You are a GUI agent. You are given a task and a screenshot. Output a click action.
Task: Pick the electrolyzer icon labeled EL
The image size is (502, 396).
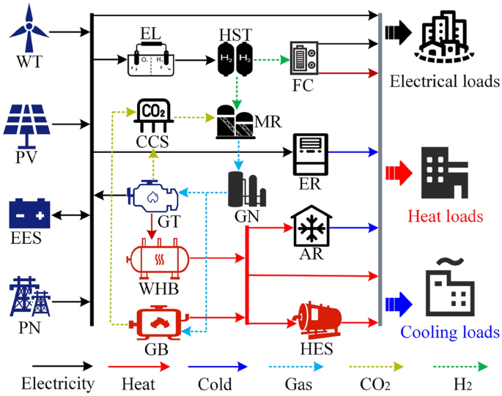pos(150,59)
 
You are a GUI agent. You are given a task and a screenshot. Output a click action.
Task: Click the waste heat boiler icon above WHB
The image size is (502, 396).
pos(158,258)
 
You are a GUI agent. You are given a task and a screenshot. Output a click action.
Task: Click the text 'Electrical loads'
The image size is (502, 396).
pos(445,81)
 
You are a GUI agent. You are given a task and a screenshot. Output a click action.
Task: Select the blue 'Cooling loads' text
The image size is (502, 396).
pos(449,332)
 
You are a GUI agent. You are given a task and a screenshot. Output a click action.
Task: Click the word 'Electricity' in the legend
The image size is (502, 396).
pos(58,384)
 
